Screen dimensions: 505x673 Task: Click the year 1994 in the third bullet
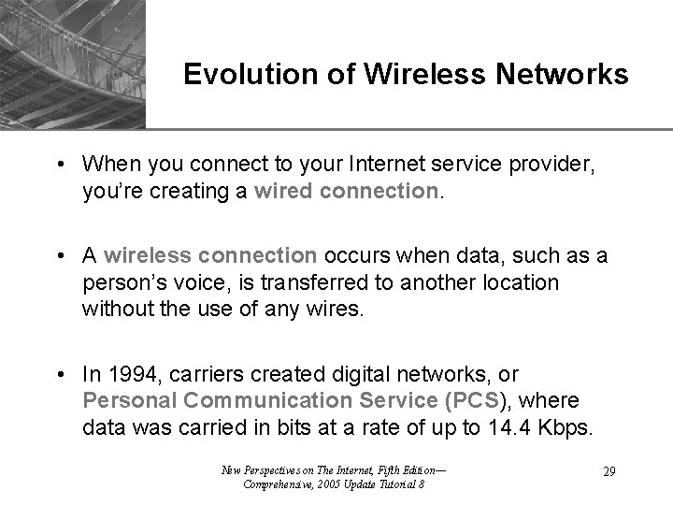point(128,375)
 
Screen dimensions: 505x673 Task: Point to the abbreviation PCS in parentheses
point(480,400)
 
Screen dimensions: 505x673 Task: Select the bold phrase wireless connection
point(211,255)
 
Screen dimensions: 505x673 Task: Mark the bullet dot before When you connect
point(58,165)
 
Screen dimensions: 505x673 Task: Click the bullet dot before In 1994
point(58,375)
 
